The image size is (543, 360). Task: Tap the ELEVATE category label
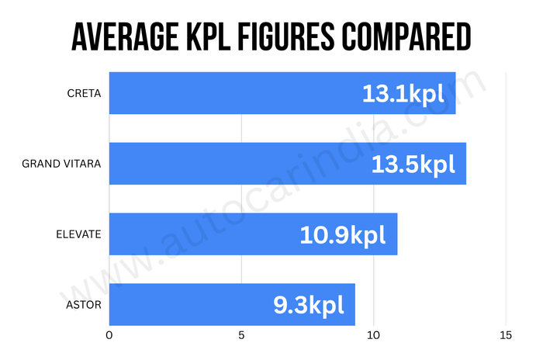[78, 234]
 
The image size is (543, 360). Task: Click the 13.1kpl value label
[403, 94]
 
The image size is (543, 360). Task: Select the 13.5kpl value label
[413, 164]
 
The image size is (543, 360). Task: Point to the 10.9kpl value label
[343, 234]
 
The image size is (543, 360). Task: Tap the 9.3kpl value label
[308, 304]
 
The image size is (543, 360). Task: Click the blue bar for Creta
[233, 94]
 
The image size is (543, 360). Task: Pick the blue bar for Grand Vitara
[233, 164]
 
